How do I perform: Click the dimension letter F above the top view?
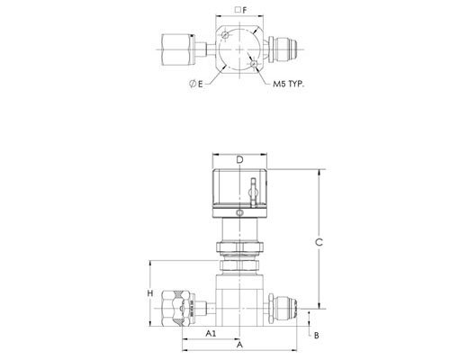[245, 11]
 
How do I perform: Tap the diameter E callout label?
[196, 84]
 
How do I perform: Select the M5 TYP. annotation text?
[288, 84]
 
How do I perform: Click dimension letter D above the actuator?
[239, 160]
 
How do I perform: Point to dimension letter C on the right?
[319, 242]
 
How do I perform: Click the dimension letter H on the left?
[150, 293]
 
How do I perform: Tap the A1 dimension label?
[211, 333]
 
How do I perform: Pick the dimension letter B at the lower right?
[317, 336]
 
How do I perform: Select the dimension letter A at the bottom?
[239, 345]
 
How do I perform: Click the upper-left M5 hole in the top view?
[225, 36]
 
